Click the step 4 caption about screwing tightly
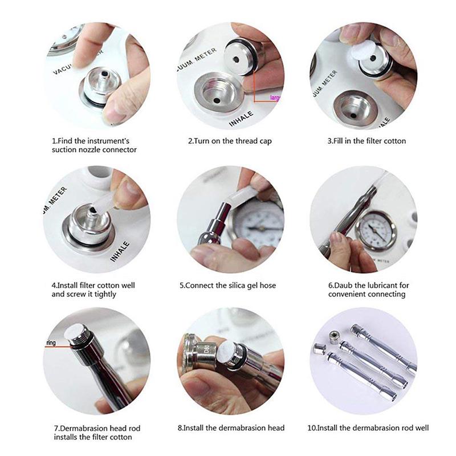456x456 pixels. (93, 290)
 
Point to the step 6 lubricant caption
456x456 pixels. (368, 290)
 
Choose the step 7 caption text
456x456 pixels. (92, 432)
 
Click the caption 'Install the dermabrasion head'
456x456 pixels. (231, 427)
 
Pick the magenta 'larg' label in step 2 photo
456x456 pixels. (276, 98)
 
